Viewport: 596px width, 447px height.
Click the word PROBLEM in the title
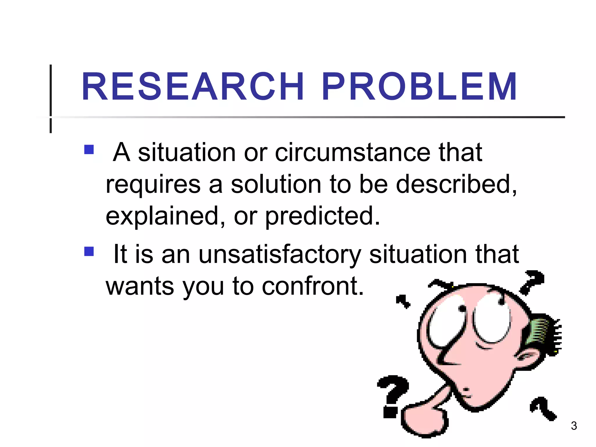(x=419, y=87)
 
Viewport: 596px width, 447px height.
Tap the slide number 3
(x=574, y=426)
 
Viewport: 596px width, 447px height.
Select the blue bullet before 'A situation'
(x=89, y=150)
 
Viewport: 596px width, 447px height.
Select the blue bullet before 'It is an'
(x=89, y=251)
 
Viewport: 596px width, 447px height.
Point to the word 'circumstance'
(x=353, y=152)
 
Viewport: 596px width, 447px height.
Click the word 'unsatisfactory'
(x=280, y=254)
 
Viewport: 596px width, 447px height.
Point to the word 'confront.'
(x=313, y=286)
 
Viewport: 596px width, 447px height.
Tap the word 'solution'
(x=276, y=185)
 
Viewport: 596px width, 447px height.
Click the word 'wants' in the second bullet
(x=140, y=286)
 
